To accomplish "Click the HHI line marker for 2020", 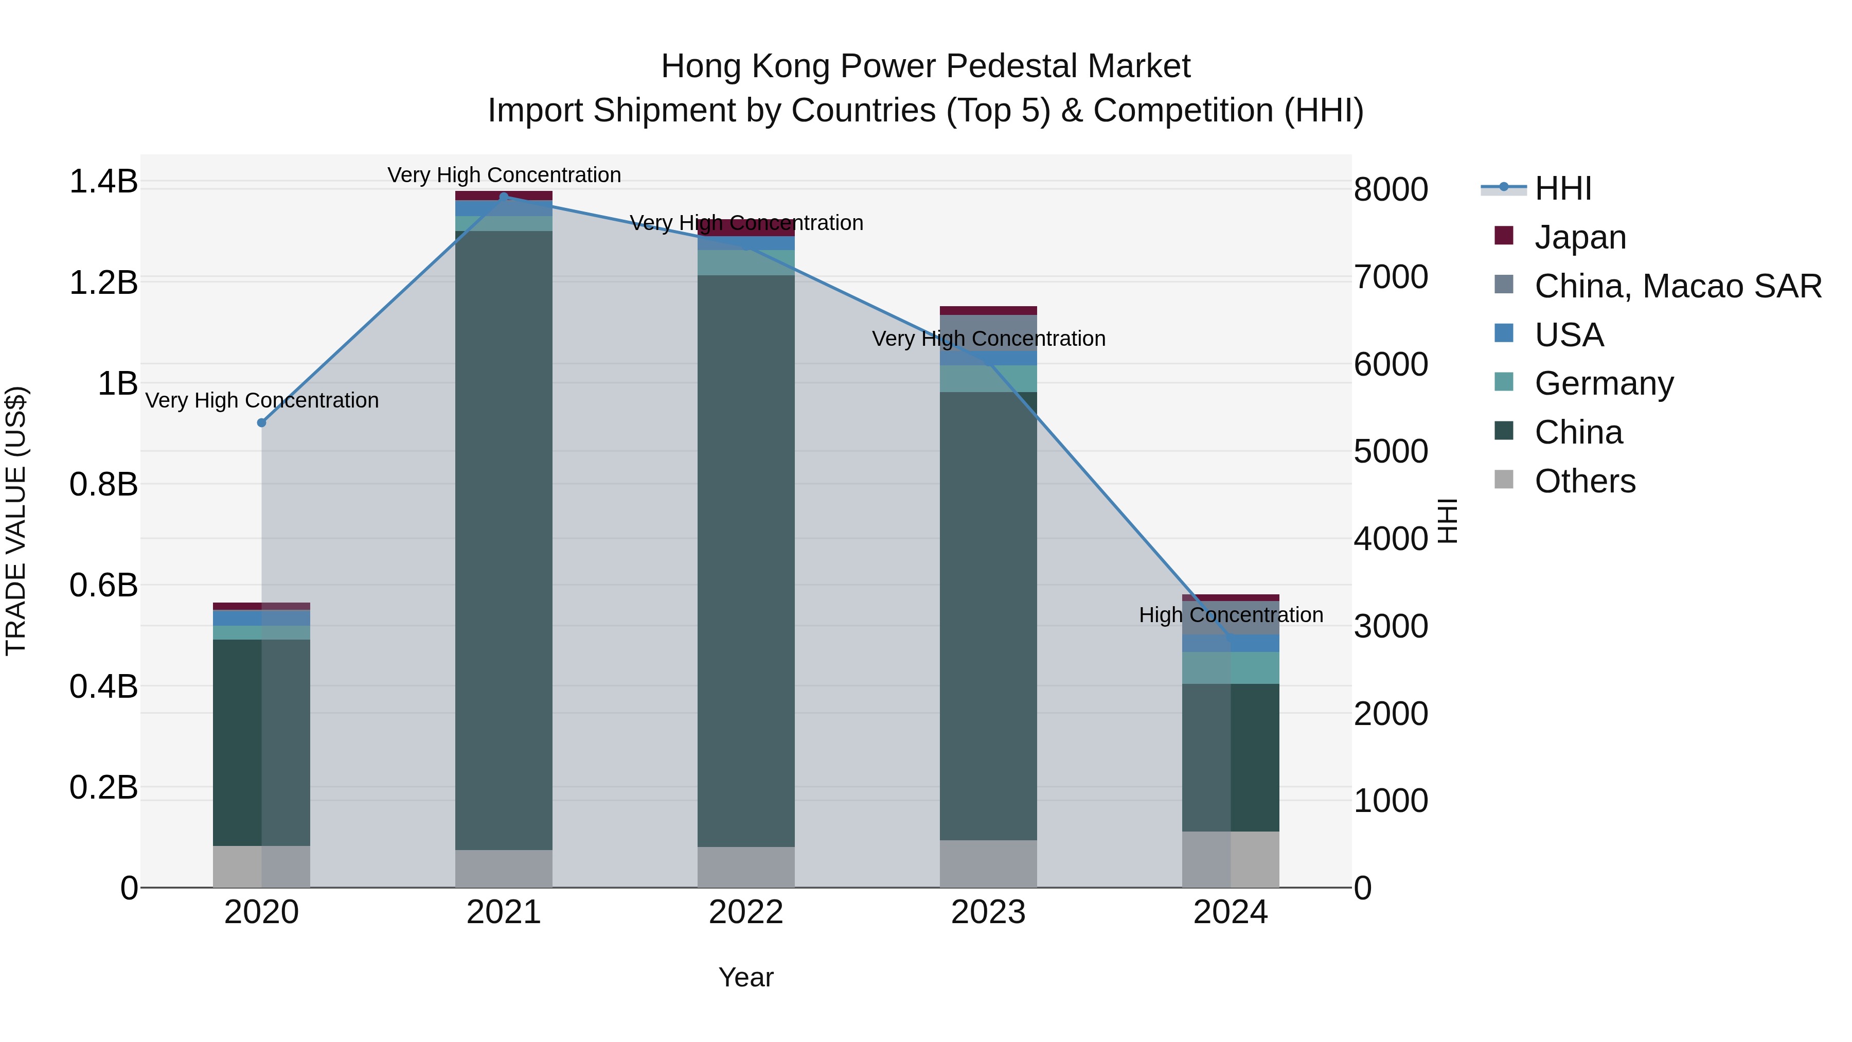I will click(x=262, y=423).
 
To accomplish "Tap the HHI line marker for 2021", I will click(x=504, y=197).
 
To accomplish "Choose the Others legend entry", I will click(x=1584, y=481).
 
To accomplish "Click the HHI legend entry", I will click(x=1563, y=188).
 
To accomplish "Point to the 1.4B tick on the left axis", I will click(x=103, y=181).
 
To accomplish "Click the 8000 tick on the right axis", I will click(x=1391, y=190).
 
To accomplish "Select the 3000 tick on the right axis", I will click(x=1391, y=626).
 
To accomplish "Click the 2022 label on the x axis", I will click(x=745, y=912).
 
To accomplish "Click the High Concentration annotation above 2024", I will click(x=1231, y=615).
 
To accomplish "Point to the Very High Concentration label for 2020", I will click(x=262, y=400).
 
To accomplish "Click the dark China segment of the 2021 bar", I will click(x=504, y=539).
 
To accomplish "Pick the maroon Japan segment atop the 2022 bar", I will click(x=745, y=228).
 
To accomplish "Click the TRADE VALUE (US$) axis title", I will click(x=16, y=521).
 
